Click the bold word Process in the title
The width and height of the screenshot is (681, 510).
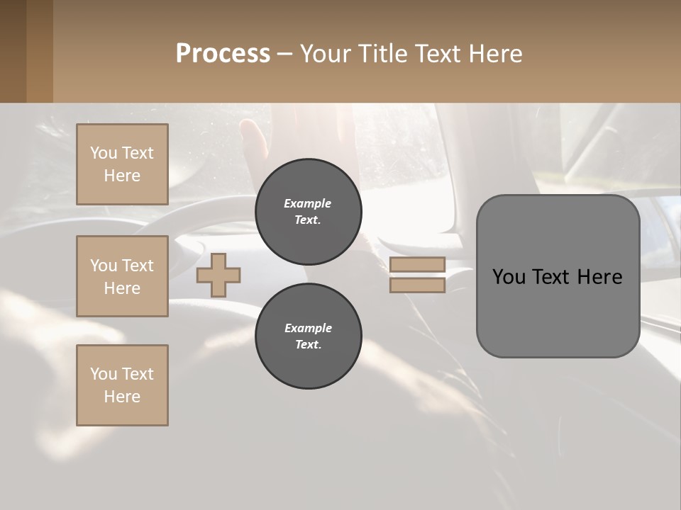point(223,54)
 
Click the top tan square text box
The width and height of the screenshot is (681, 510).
point(122,164)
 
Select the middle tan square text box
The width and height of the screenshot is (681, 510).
point(122,276)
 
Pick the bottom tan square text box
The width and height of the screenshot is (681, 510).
point(122,385)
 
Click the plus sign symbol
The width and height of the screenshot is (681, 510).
point(218,276)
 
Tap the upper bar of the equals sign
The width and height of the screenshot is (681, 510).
point(417,265)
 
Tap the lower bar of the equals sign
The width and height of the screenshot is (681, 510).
point(417,285)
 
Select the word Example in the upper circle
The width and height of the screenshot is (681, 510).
point(308,203)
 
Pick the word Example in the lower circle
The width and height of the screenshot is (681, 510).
point(308,328)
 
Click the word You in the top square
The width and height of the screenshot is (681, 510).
point(104,153)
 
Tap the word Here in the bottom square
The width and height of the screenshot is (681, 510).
point(122,397)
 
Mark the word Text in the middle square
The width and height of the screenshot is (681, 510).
point(137,266)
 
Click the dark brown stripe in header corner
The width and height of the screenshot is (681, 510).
point(13,51)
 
